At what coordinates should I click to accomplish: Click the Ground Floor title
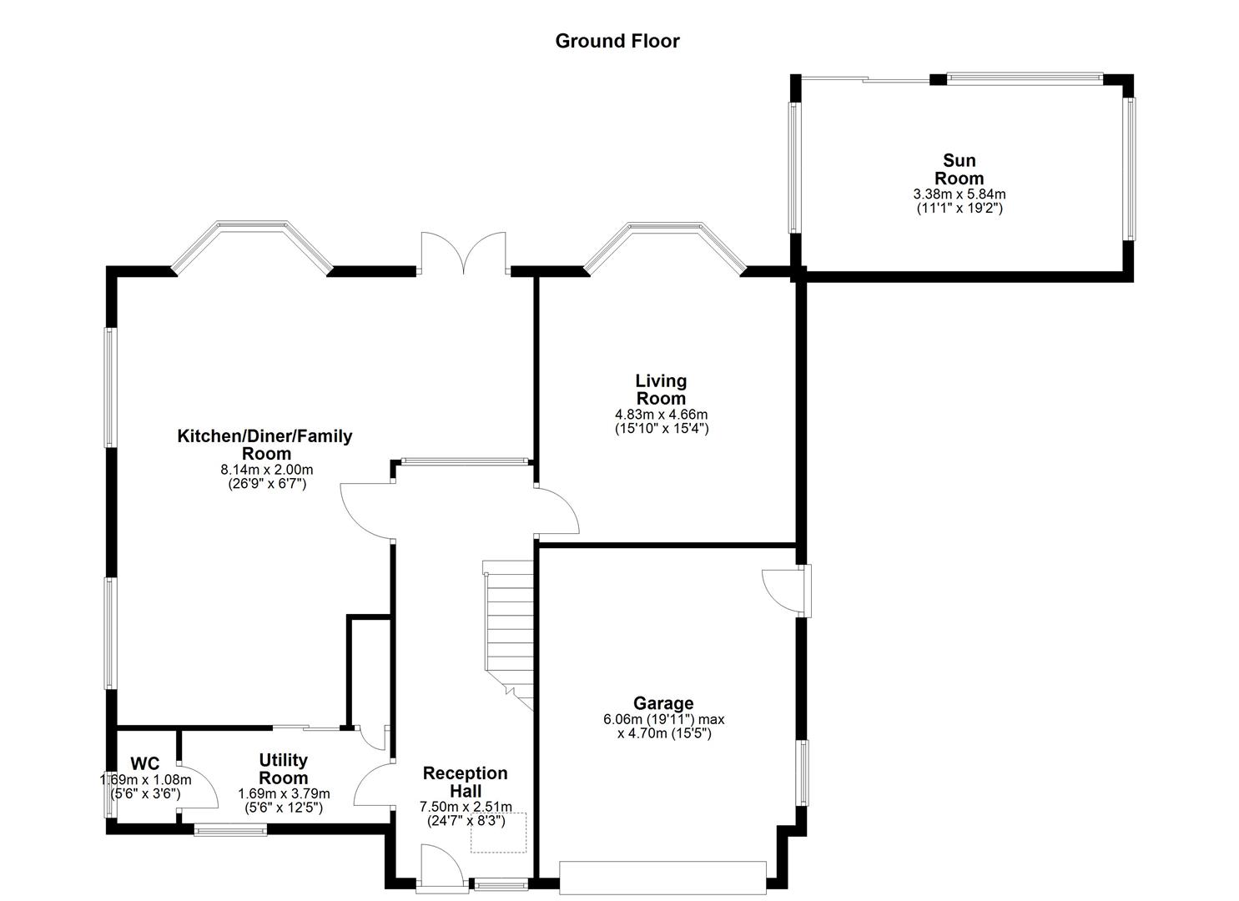[617, 41]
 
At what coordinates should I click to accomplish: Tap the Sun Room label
[959, 169]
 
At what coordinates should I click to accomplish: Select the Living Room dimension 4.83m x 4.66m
[661, 415]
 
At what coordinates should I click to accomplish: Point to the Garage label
[663, 703]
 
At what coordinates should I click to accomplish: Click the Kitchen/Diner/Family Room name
[265, 445]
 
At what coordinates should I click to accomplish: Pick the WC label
[144, 763]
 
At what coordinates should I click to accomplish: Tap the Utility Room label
[284, 768]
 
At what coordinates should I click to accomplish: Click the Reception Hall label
[465, 782]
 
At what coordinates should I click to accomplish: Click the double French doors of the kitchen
[463, 254]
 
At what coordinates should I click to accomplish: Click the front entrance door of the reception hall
[442, 868]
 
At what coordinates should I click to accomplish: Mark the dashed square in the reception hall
[499, 833]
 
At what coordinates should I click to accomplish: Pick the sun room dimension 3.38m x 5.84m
[959, 194]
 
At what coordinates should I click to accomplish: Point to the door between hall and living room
[557, 513]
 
